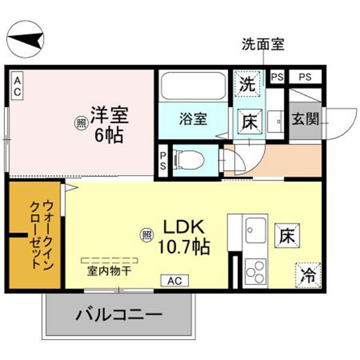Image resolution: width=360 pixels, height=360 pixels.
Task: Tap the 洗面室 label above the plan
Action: coord(262,44)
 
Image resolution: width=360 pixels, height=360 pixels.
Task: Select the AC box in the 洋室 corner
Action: coord(17,86)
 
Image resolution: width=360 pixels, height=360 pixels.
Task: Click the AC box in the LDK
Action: coord(173,280)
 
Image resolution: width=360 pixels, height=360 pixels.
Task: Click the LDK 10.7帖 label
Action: coord(184,236)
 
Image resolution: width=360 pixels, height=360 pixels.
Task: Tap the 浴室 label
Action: coord(193,118)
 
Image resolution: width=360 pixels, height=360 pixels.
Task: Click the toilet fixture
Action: coord(190,161)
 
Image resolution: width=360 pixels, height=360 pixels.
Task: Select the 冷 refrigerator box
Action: coord(308,275)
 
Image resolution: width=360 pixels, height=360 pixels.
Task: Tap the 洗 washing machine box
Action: coord(247,85)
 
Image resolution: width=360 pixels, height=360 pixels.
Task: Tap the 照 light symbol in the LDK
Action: coord(146,235)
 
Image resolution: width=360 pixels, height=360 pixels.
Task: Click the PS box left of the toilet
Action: coord(163,161)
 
